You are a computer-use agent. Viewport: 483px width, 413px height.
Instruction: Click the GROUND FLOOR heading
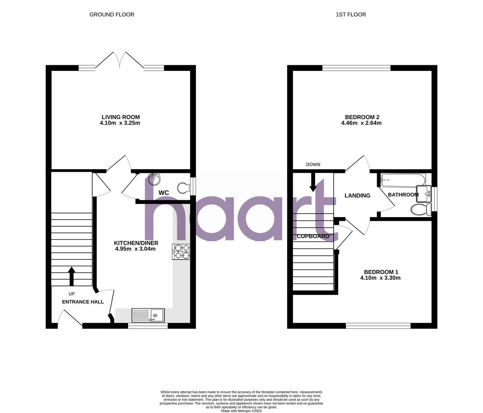112,15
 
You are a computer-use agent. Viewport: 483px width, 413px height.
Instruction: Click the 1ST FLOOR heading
351,15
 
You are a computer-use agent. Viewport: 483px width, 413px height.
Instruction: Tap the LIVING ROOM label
120,117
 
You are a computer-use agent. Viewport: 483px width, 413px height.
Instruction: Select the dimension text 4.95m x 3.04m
135,249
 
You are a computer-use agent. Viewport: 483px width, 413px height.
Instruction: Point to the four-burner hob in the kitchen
181,251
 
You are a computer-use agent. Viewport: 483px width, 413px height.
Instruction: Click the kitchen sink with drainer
148,315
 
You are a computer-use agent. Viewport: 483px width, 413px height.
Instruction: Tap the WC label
163,193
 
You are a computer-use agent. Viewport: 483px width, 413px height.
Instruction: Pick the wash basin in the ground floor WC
154,178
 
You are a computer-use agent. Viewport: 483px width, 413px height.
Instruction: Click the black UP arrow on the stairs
72,276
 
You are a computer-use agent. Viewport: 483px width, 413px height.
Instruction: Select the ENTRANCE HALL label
83,302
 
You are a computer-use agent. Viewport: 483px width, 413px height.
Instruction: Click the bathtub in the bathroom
403,180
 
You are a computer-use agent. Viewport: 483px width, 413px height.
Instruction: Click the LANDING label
357,195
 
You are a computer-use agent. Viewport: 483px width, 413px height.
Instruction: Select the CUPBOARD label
313,236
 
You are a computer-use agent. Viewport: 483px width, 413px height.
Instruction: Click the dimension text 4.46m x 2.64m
361,123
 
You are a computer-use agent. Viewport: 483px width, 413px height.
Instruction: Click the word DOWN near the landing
313,164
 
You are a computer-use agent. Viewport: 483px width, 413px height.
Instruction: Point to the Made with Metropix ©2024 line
242,411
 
